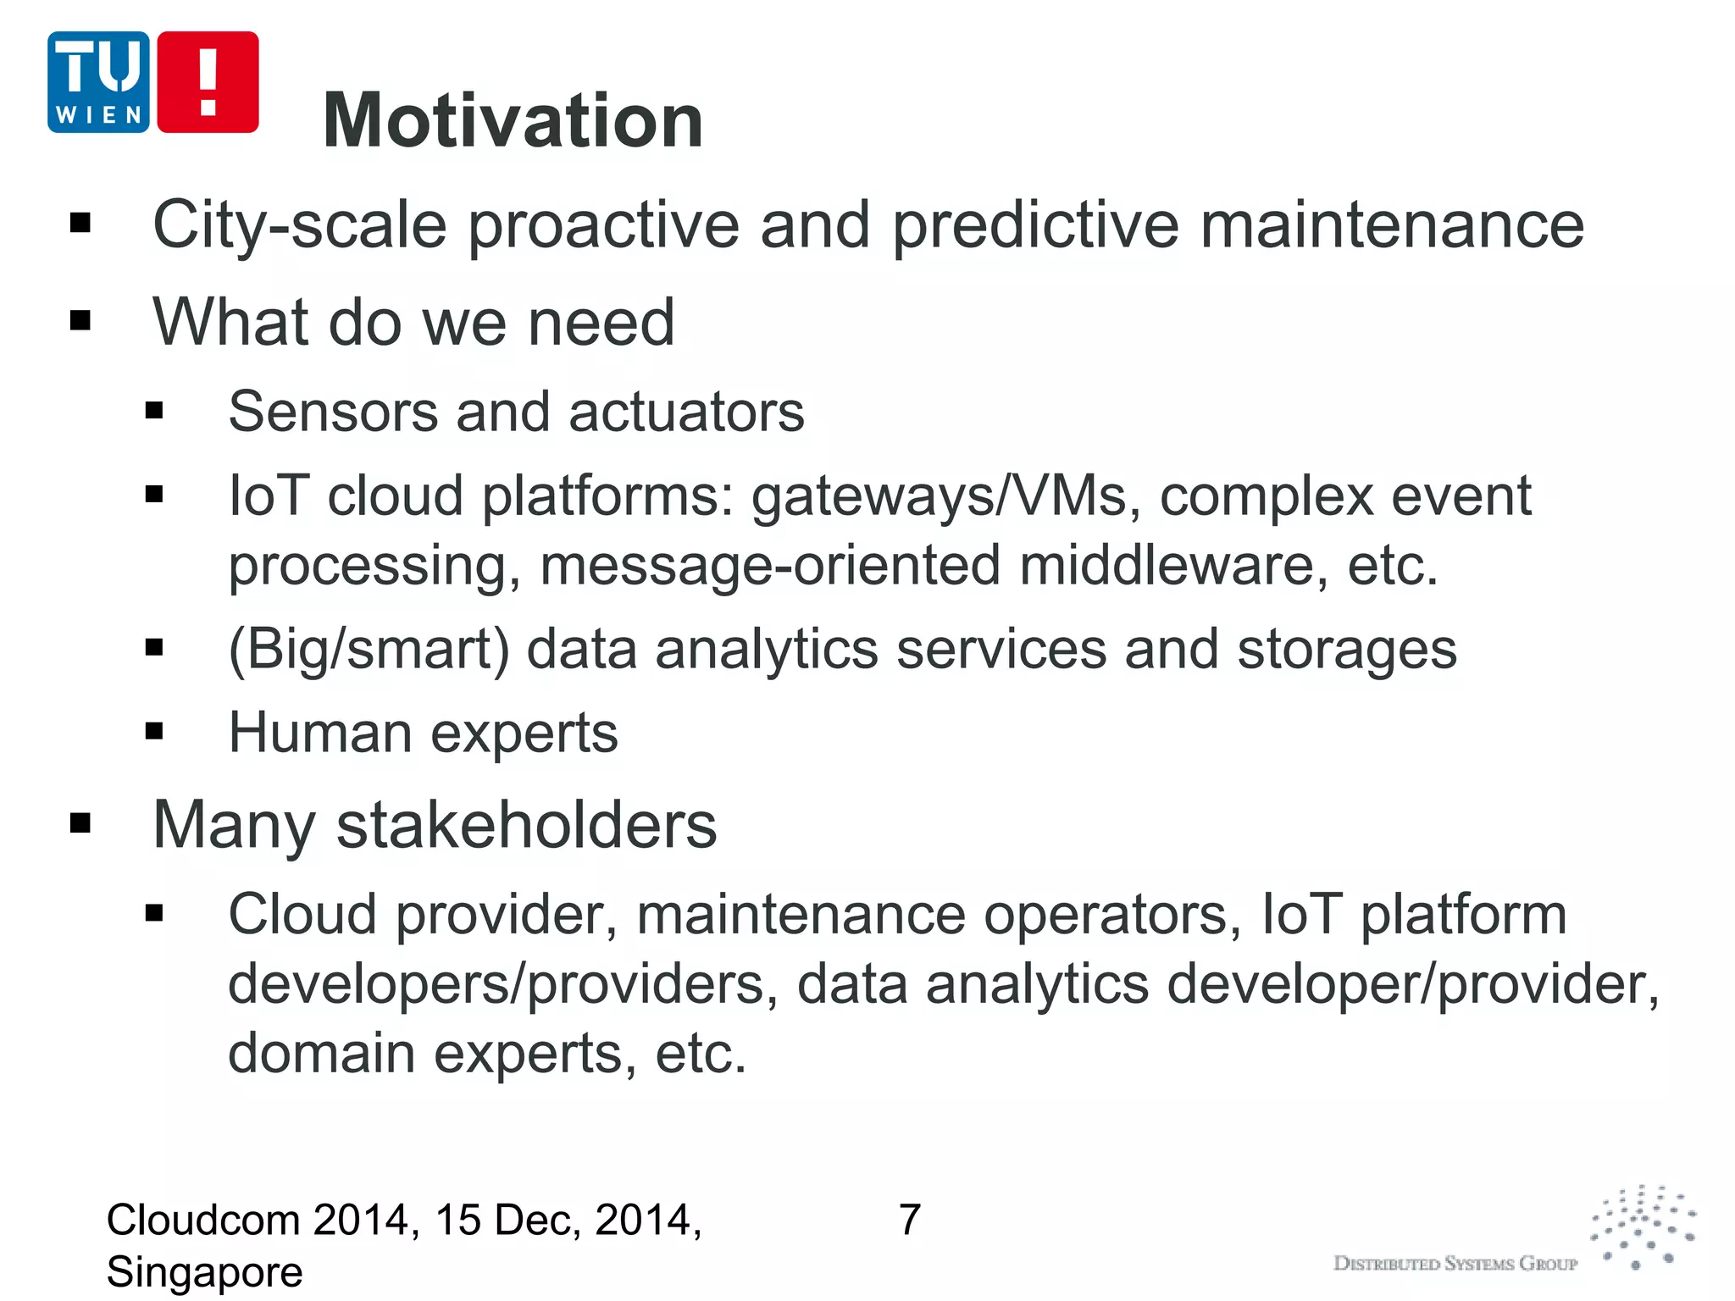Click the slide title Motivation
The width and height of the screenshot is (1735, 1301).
513,121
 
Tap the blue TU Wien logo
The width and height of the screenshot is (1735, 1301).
98,82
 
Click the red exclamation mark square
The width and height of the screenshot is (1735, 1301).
208,82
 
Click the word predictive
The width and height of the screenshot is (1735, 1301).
1035,225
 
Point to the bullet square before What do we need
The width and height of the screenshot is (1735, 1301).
80,321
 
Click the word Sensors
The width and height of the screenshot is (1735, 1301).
333,412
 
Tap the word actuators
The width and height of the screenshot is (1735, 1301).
686,412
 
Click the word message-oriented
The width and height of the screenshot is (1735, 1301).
770,566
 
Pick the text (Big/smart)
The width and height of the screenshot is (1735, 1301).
369,650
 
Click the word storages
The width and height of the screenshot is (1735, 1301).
1346,650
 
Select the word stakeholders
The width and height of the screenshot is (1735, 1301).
526,825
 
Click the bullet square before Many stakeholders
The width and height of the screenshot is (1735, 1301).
80,822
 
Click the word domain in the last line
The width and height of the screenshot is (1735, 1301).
321,1054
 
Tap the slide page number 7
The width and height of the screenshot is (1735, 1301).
909,1221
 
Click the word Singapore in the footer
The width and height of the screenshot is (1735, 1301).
204,1272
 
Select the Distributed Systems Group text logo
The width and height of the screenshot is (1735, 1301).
1455,1264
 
